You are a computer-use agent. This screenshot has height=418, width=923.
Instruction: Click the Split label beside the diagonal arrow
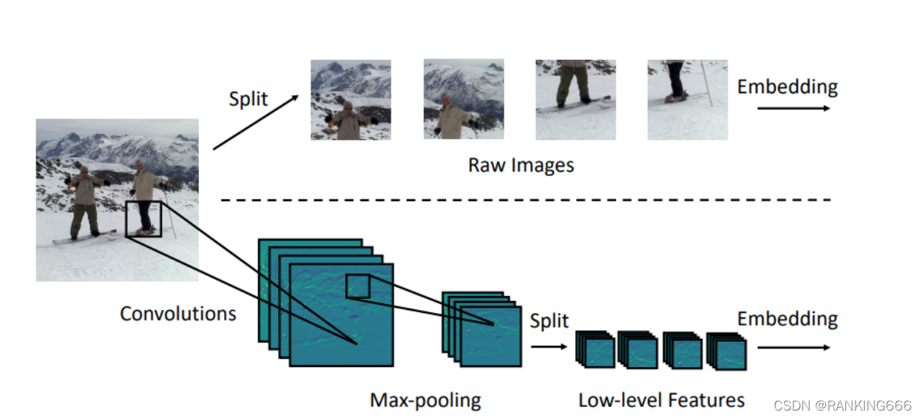248,99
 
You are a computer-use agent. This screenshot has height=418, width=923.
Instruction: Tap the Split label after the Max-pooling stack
549,321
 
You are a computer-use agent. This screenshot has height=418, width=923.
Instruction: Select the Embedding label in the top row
787,87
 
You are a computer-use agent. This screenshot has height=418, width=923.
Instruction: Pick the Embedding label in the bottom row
787,320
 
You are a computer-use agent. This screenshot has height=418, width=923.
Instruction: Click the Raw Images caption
521,164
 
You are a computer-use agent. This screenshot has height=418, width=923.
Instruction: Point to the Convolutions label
177,314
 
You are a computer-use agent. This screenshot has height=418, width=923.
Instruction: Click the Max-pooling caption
425,401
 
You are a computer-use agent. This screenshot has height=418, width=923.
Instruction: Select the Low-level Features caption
661,401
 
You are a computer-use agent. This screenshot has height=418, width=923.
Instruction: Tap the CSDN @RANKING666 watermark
842,405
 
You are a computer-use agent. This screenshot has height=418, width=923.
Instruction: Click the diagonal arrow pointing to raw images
256,122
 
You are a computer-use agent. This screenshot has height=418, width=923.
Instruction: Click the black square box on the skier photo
143,218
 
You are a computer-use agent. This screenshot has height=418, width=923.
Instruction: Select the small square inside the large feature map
357,286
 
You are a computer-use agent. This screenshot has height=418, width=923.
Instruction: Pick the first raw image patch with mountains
351,100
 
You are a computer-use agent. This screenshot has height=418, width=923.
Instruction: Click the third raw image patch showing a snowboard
575,100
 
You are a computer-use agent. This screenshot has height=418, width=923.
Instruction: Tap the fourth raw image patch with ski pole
687,100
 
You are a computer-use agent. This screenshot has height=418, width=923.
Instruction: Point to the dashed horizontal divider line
525,200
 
